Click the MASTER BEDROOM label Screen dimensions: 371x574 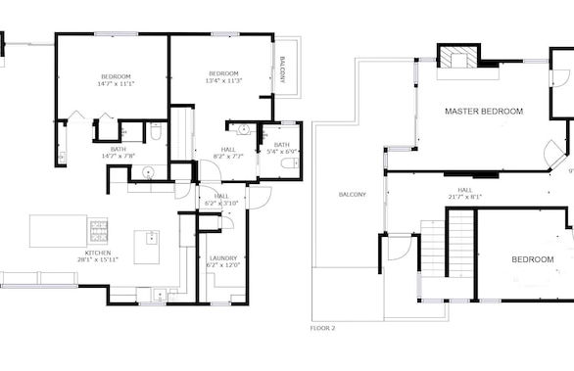coord(484,112)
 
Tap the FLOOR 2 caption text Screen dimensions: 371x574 coord(322,328)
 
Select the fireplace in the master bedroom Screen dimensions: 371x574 coord(457,58)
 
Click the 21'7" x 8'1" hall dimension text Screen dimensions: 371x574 coord(464,197)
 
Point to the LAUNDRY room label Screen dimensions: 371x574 coord(224,257)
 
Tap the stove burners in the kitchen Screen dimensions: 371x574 coord(99,231)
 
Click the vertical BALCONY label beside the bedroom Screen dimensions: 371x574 coord(283,70)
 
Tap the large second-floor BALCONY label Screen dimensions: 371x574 coord(352,194)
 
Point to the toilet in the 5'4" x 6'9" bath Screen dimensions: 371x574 coord(288,163)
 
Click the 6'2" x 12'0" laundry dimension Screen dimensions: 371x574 coord(224,265)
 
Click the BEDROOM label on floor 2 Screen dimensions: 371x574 coord(532,259)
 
